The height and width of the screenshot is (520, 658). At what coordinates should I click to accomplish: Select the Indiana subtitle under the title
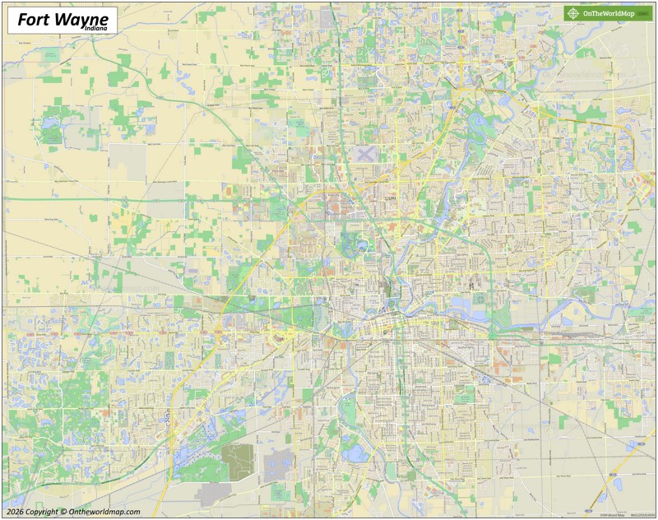coord(95,30)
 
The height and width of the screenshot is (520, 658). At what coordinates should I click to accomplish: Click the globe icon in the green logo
coord(572,13)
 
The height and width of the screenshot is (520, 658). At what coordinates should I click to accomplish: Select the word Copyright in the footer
coord(41,512)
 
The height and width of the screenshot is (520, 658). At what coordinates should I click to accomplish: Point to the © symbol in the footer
coord(64,512)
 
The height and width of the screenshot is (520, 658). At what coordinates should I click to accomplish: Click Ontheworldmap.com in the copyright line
coord(104,512)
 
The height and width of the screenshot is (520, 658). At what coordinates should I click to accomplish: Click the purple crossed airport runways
coord(364,152)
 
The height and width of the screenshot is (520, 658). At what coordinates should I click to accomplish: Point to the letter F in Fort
coord(22,19)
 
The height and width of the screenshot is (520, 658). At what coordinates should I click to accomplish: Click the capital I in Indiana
coord(82,30)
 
